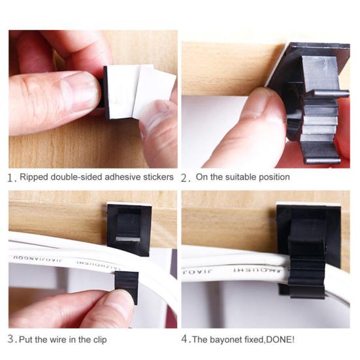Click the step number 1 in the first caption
coord(11,177)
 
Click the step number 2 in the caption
coord(186,177)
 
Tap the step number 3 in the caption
coord(11,339)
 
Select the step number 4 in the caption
coord(186,339)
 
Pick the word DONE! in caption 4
coord(285,339)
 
